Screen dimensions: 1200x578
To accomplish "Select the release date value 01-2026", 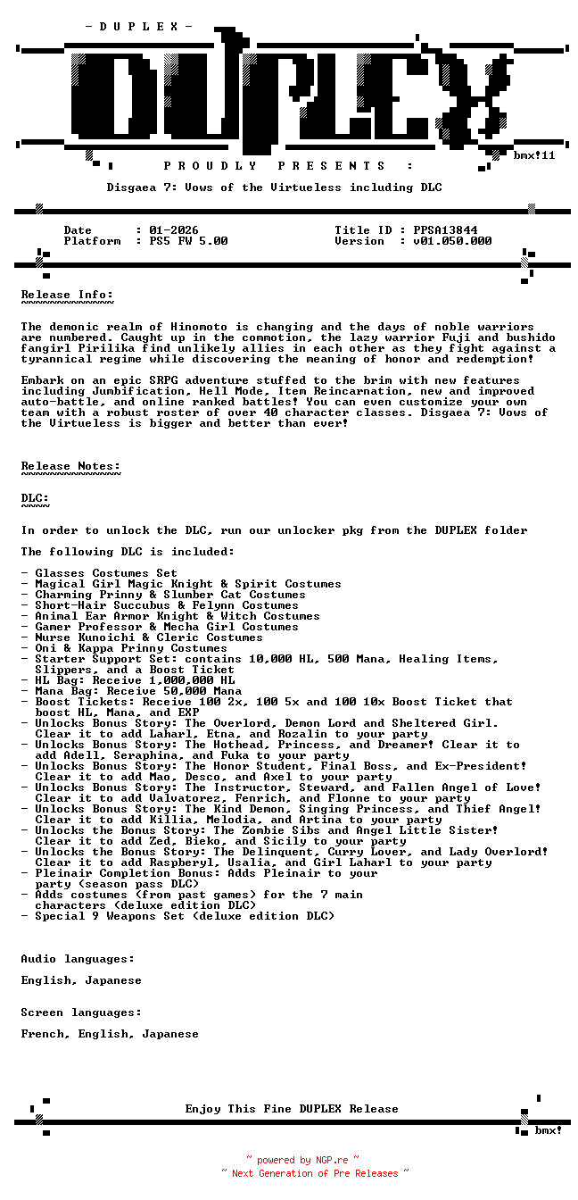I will pyautogui.click(x=174, y=230).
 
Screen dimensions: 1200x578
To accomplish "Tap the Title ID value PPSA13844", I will pyautogui.click(x=445, y=230).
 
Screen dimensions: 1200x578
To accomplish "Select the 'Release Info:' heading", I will pyautogui.click(x=67, y=295).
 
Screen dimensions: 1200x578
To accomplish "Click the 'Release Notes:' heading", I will pyautogui.click(x=70, y=466).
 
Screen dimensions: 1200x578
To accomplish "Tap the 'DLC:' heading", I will pyautogui.click(x=35, y=498).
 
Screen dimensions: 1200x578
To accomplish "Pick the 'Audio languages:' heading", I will pyautogui.click(x=78, y=959).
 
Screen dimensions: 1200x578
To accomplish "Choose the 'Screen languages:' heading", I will pyautogui.click(x=81, y=1012).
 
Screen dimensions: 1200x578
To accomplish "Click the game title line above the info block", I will pyautogui.click(x=274, y=187).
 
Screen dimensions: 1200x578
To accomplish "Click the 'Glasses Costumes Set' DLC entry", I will pyautogui.click(x=106, y=573).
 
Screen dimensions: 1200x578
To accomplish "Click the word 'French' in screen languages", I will pyautogui.click(x=42, y=1034).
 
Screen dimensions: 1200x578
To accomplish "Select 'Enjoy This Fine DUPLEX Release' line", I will pyautogui.click(x=292, y=1109).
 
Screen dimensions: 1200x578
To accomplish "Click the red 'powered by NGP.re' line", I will pyautogui.click(x=303, y=1160).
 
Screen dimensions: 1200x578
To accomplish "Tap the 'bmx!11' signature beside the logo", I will pyautogui.click(x=534, y=155).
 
